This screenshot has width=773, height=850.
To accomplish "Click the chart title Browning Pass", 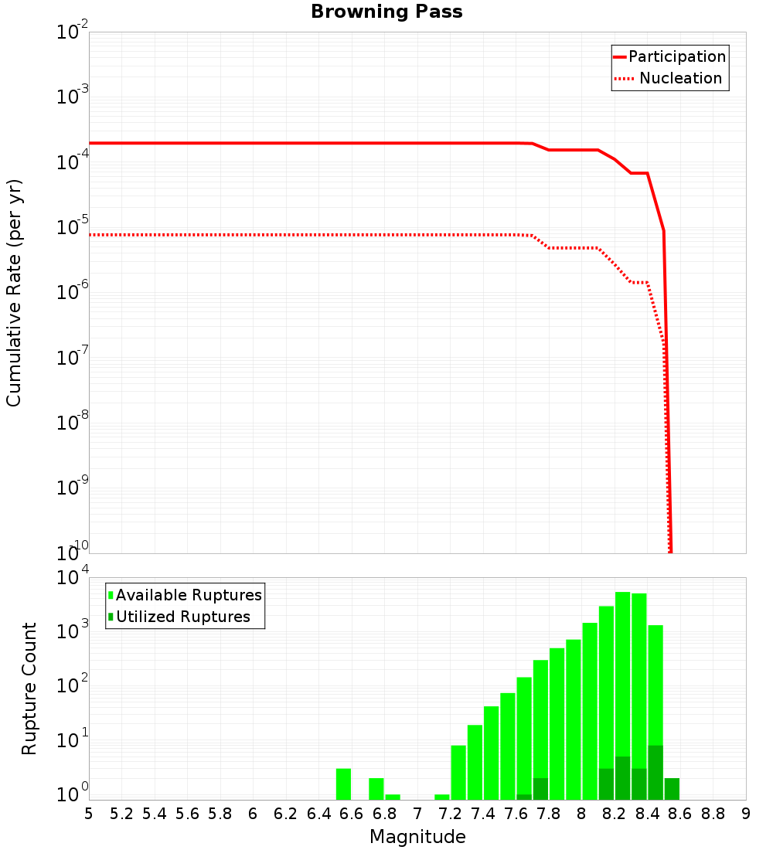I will coord(386,12).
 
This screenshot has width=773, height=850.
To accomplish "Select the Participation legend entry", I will coord(669,56).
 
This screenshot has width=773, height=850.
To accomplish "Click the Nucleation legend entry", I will coord(669,78).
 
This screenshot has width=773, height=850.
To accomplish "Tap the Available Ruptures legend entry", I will coord(186,595).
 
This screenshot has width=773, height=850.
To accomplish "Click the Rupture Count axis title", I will coord(29,688).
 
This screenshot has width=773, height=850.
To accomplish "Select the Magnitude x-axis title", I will coord(417,837).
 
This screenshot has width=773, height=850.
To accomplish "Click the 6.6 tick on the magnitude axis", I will coord(352,814).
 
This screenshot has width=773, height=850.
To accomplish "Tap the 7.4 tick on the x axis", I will coord(483,814).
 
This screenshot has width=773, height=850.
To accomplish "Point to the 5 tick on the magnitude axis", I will coord(89,814).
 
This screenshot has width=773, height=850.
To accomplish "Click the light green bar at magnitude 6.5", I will coord(344,784).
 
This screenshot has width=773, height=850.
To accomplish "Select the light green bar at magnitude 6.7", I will coord(376,789).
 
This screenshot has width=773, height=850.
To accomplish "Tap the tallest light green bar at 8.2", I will coord(623,672).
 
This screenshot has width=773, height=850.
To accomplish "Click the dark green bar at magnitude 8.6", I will coord(672,789).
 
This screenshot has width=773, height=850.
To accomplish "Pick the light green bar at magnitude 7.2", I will coord(458,773).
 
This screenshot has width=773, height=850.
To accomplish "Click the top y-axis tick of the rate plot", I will coord(73,32).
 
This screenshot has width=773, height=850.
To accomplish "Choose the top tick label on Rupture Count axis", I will coord(73,578).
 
